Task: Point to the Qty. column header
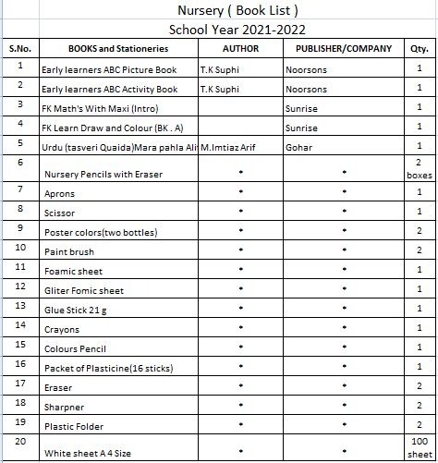419,47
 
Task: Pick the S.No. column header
19,47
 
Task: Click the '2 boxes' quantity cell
419,168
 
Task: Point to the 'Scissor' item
61,213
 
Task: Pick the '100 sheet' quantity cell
419,447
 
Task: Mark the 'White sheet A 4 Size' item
89,453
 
